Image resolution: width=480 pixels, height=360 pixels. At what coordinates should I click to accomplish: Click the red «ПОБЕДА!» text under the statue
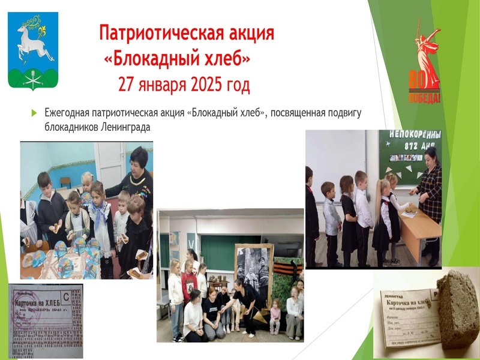tap(424, 98)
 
